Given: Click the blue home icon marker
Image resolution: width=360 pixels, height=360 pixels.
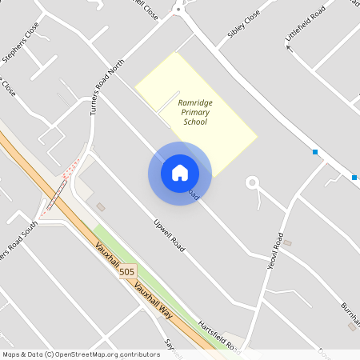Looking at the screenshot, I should [x=180, y=173].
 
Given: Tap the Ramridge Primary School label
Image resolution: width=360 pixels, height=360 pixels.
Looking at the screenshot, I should [x=194, y=113].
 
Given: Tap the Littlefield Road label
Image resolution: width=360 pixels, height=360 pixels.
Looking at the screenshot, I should [x=306, y=26].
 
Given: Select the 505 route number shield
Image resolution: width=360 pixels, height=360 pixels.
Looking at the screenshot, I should [x=126, y=273].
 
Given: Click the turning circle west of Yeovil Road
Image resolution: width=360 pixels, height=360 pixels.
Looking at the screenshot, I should [x=253, y=182].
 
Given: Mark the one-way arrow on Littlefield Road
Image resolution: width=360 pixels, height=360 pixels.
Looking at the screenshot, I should [x=290, y=48].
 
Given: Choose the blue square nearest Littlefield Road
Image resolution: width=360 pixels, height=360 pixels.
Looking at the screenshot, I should [x=315, y=152].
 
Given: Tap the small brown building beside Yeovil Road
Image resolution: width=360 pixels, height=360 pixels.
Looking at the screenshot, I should [x=288, y=242].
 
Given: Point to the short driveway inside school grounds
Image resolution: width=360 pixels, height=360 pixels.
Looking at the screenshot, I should [x=167, y=104].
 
